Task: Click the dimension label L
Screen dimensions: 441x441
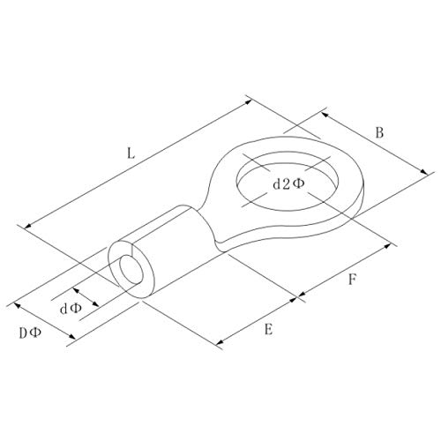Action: pyautogui.click(x=131, y=153)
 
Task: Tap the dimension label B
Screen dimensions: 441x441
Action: pyautogui.click(x=379, y=132)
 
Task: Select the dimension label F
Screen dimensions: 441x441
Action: pyautogui.click(x=352, y=280)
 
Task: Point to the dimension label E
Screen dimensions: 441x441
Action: pyautogui.click(x=268, y=329)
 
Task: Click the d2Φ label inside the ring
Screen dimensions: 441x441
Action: pyautogui.click(x=288, y=184)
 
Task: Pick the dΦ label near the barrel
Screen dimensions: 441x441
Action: pyautogui.click(x=71, y=309)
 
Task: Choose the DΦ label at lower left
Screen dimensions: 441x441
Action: pyautogui.click(x=30, y=333)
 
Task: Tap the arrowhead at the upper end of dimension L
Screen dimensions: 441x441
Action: pyautogui.click(x=249, y=102)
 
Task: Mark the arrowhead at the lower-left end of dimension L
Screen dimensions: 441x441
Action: pyautogui.click(x=28, y=226)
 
